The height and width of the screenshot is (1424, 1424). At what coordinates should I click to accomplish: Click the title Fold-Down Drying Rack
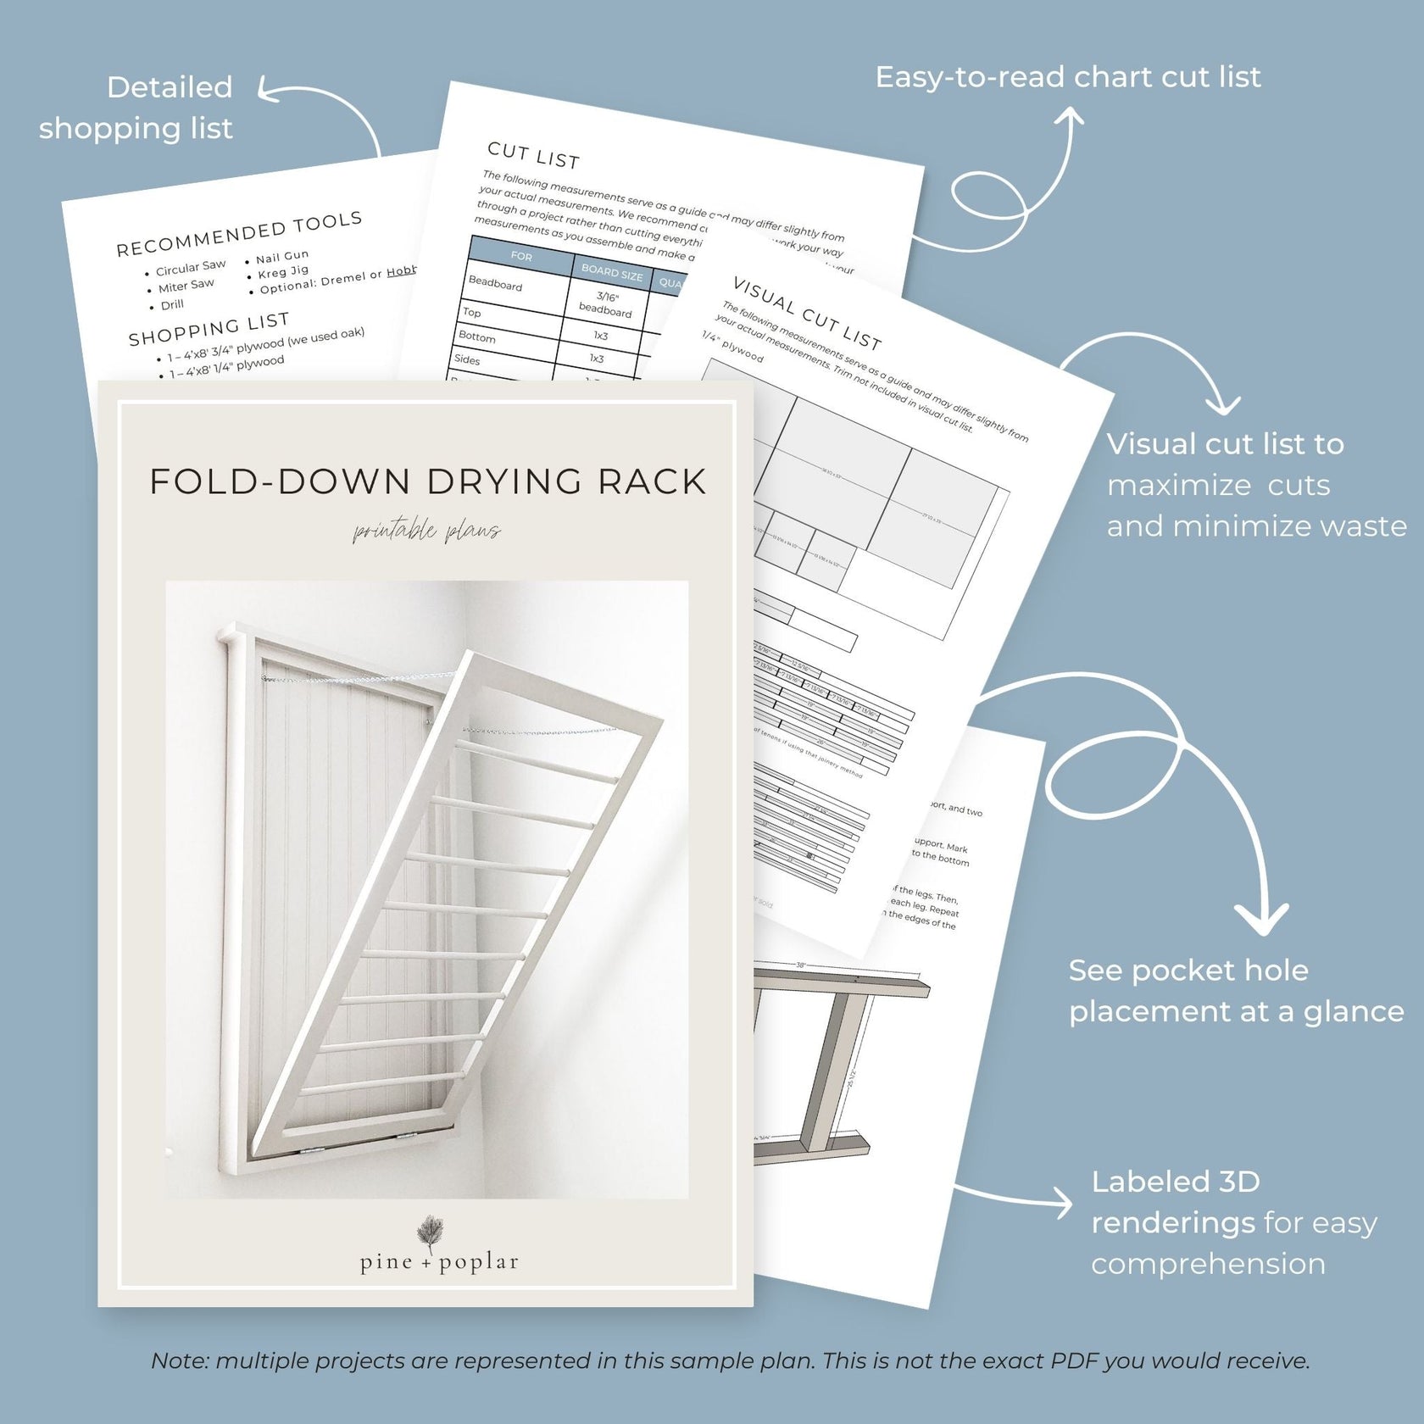[427, 481]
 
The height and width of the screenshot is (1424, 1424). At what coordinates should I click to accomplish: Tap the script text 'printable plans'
[427, 532]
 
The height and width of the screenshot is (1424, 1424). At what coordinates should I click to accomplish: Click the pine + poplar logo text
[439, 1262]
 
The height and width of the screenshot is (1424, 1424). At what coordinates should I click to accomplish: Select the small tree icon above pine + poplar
[431, 1231]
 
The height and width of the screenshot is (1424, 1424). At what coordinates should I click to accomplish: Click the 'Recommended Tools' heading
[239, 234]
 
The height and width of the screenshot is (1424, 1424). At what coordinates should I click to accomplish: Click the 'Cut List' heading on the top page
[533, 155]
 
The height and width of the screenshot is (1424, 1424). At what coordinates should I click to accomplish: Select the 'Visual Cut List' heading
[807, 313]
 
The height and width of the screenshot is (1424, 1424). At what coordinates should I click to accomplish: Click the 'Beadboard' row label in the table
[495, 284]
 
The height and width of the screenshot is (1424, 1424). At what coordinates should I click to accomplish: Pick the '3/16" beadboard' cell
[606, 304]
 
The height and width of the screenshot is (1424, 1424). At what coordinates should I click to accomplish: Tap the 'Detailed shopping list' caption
[136, 108]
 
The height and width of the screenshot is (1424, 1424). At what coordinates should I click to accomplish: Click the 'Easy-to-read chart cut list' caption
[1068, 77]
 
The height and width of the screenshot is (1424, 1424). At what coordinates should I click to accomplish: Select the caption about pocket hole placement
[1236, 991]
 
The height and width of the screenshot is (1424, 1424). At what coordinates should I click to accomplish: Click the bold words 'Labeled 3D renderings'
[1173, 1202]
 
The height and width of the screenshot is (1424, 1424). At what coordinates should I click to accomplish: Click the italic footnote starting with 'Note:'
[731, 1360]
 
